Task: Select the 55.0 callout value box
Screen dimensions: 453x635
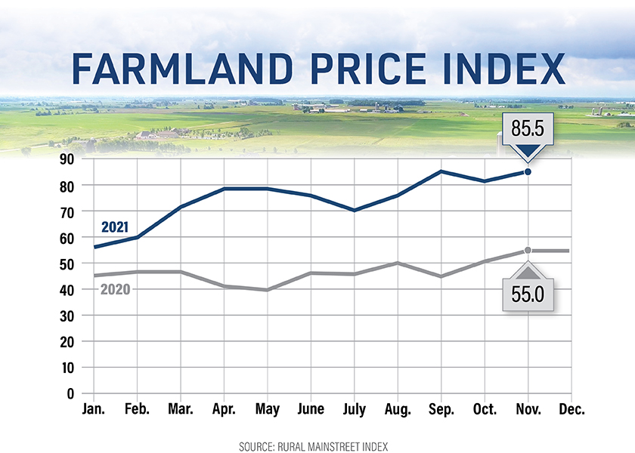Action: tap(528, 292)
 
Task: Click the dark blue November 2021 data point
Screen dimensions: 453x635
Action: tap(528, 172)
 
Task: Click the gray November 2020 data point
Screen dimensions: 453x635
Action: tap(528, 251)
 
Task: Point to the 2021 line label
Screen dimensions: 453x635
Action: tap(115, 226)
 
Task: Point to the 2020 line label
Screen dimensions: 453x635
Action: tap(115, 289)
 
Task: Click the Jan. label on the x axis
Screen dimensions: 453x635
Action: tap(94, 409)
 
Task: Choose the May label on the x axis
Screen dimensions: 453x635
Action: tap(268, 409)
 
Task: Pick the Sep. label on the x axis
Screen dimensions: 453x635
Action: tap(441, 409)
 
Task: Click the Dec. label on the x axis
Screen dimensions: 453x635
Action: tap(571, 409)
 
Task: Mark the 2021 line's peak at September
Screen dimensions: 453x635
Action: tap(441, 171)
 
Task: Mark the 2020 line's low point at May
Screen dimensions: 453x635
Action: tap(268, 290)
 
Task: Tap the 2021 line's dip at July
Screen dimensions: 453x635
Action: tap(354, 211)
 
